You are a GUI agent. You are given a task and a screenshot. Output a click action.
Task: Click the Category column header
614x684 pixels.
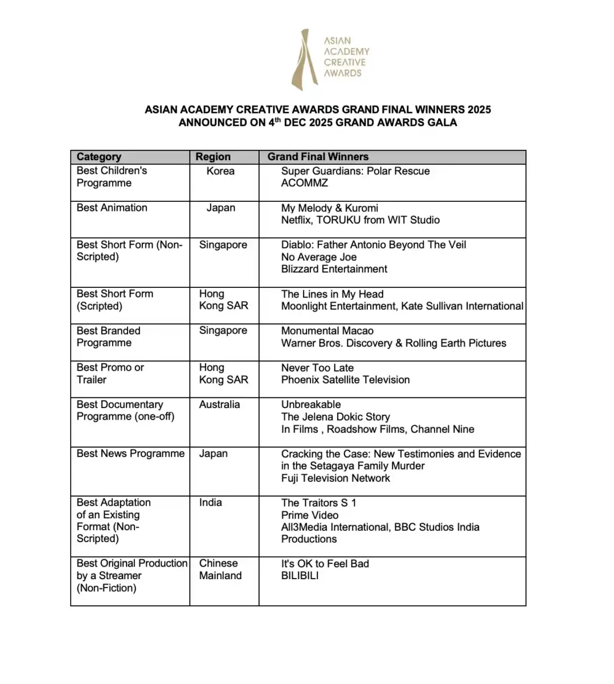99,157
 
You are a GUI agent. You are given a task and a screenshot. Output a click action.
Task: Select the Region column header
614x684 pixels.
213,157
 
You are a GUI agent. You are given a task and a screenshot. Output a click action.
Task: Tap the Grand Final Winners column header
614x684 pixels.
318,157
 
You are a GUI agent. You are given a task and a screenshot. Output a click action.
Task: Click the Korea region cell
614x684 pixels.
220,171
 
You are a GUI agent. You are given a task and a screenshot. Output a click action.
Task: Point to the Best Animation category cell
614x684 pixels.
112,208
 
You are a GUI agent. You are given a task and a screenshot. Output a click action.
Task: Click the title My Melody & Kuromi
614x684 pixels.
330,208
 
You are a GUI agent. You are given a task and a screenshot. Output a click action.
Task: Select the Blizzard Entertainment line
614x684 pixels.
334,269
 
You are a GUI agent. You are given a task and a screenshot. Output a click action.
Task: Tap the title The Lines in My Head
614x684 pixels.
333,294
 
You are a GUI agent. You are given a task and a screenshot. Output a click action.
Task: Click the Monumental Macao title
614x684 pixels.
328,331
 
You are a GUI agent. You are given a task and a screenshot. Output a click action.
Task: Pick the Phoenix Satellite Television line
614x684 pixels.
346,380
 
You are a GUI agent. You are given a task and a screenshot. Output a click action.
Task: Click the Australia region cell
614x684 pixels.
220,405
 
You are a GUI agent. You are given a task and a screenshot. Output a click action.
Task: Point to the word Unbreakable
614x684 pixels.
311,405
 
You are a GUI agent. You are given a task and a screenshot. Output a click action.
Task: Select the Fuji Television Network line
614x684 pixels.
336,478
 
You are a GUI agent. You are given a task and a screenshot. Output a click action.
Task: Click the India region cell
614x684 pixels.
211,503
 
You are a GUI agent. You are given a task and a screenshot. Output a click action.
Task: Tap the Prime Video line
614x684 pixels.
310,515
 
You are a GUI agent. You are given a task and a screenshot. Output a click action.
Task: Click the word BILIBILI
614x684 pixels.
300,576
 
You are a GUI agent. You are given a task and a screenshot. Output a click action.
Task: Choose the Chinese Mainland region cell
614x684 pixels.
220,569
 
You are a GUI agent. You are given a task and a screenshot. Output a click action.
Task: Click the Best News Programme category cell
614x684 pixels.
131,454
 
